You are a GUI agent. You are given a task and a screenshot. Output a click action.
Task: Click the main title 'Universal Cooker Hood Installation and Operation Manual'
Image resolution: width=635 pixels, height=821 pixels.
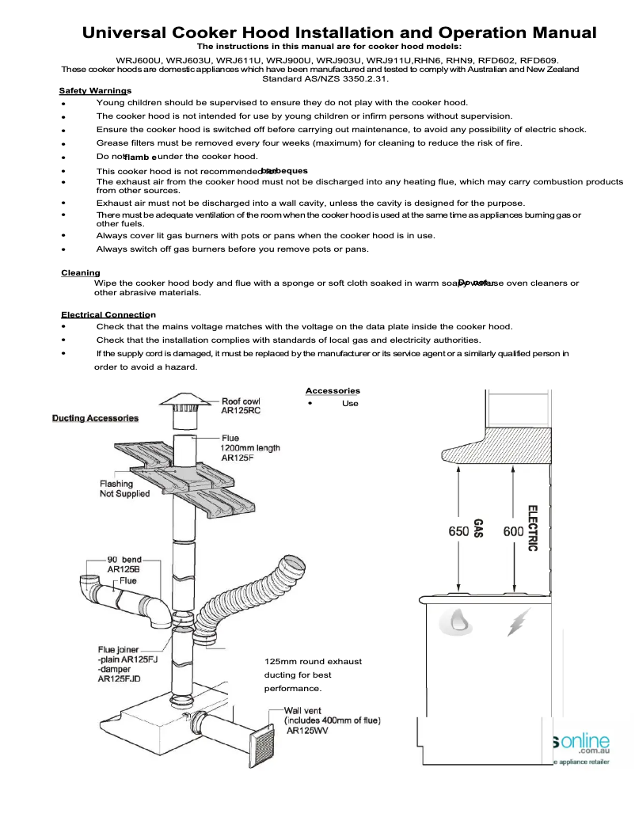click(x=340, y=33)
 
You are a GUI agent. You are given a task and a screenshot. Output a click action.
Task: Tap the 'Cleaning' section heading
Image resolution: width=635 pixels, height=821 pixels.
click(x=81, y=273)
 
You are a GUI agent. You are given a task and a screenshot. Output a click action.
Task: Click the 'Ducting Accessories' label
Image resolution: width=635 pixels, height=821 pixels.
click(x=95, y=418)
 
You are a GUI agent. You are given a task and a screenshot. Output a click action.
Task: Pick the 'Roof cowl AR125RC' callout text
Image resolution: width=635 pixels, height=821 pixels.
click(x=241, y=407)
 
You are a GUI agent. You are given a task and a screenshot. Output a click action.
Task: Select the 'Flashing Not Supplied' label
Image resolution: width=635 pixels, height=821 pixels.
click(x=124, y=488)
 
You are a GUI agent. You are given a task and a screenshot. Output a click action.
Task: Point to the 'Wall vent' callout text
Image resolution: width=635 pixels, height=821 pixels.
click(x=332, y=720)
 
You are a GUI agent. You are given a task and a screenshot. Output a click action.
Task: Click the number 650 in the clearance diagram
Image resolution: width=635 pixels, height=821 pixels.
click(x=458, y=532)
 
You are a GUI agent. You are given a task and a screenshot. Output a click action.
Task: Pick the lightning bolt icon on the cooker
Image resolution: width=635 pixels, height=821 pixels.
click(x=515, y=624)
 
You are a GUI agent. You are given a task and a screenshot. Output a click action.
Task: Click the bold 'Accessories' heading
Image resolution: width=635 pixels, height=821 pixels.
click(x=333, y=390)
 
